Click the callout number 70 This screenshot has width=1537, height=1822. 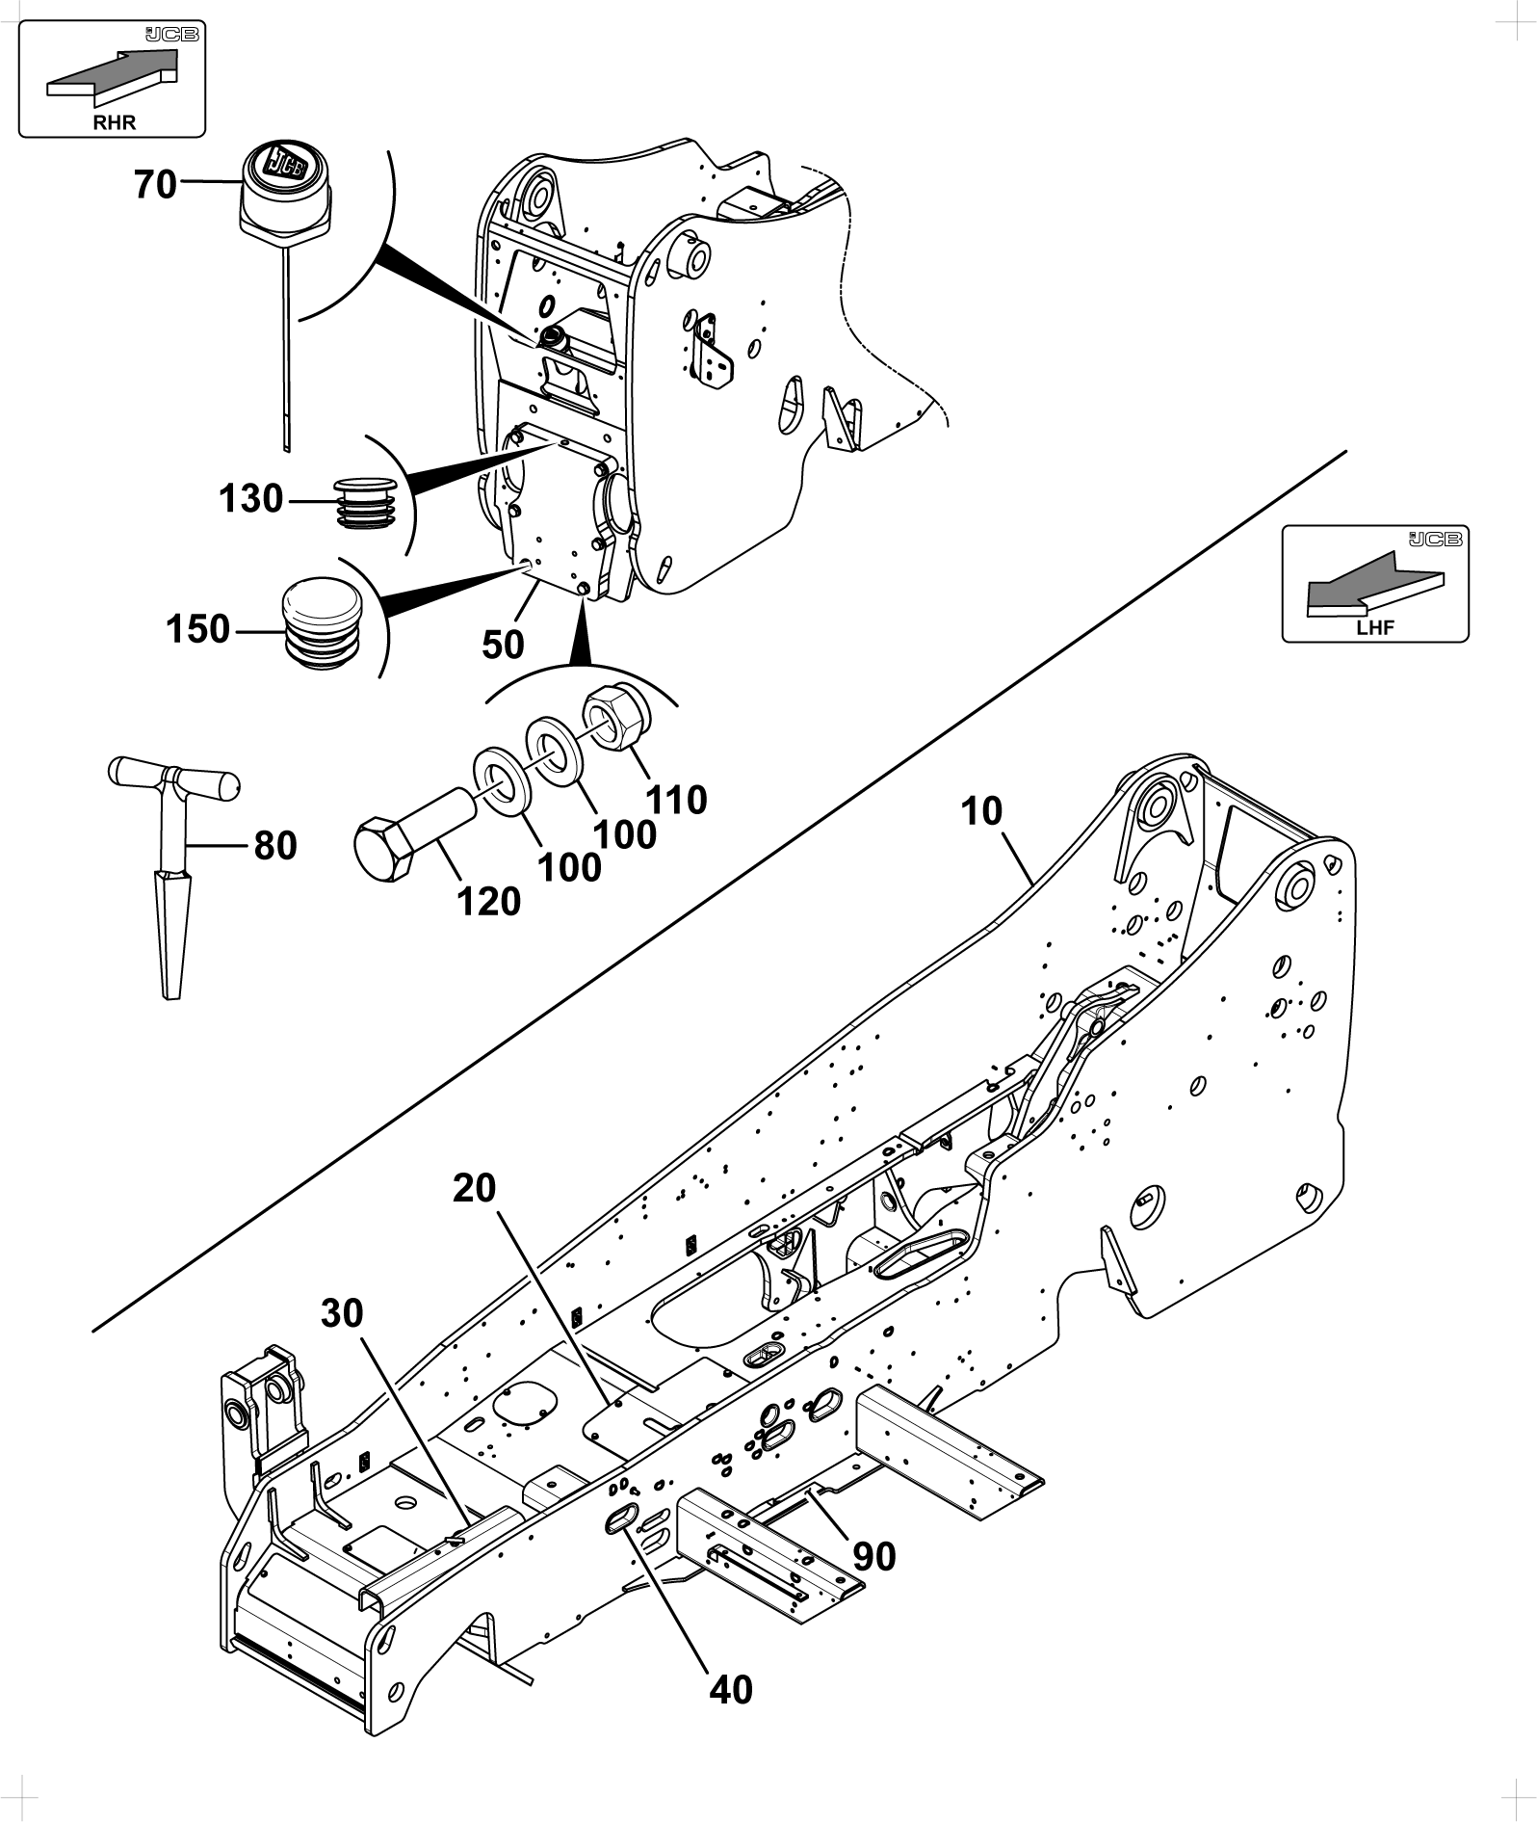(156, 183)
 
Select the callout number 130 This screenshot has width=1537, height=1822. (251, 499)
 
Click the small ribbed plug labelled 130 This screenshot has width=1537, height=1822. (367, 502)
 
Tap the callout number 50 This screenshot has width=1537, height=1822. (503, 645)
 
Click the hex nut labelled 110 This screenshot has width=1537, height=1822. (615, 717)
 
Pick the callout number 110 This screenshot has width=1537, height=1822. (677, 799)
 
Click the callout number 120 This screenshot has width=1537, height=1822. (489, 901)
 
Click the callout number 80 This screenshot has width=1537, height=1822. (275, 846)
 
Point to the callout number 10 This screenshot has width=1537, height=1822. (981, 811)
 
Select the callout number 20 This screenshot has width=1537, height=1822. (474, 1188)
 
